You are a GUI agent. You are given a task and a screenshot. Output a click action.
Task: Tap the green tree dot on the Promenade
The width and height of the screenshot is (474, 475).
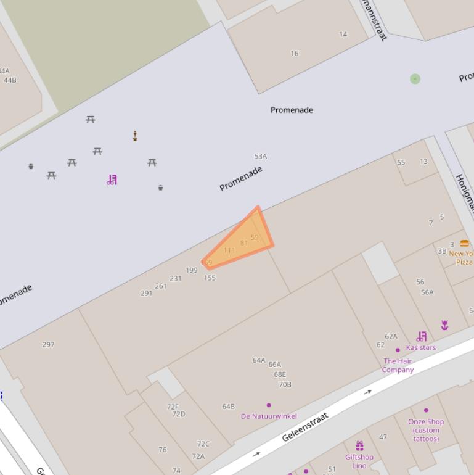[415, 79]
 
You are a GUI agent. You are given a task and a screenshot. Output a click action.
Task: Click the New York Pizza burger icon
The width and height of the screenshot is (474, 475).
[464, 243]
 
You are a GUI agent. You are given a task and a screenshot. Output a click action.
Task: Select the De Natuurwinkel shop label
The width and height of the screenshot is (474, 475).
[269, 416]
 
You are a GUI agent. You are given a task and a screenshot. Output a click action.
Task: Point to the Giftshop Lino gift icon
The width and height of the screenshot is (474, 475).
[359, 445]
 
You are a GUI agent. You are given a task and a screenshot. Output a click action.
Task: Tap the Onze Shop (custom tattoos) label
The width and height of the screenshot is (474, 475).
[426, 430]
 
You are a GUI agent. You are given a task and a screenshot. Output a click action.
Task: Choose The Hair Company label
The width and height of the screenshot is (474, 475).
[398, 365]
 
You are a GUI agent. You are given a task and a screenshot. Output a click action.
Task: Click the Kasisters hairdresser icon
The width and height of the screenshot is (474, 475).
[422, 336]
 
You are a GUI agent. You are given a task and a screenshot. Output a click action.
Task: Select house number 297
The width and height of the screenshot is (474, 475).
[49, 345]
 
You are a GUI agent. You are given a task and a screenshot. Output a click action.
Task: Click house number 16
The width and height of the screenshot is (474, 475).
[295, 54]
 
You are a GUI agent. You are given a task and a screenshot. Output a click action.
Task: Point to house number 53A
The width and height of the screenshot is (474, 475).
[261, 157]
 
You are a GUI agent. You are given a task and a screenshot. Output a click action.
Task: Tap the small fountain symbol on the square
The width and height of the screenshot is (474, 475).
[135, 136]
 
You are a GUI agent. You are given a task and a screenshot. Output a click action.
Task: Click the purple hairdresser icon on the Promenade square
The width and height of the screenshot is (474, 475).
[112, 180]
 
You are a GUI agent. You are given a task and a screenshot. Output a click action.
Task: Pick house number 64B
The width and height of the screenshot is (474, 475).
[229, 407]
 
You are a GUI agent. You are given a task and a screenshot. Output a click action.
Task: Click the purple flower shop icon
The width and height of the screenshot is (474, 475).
[444, 325]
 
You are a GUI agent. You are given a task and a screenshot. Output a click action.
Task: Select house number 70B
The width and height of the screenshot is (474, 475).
[285, 385]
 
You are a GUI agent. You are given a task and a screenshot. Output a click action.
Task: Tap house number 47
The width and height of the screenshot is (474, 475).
[383, 437]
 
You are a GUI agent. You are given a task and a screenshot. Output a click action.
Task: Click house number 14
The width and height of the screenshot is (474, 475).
[343, 35]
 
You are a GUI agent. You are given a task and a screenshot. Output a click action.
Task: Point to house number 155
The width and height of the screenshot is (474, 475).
[210, 278]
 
